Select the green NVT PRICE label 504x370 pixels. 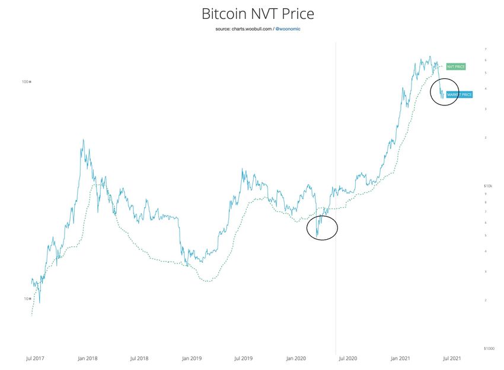point(455,67)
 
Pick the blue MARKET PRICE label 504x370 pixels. point(459,95)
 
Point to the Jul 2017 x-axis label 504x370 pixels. point(36,358)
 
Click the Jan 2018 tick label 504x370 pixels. point(88,358)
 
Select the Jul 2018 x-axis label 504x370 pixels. point(139,358)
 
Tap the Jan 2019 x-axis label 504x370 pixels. point(192,358)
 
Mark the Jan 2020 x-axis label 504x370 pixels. point(295,358)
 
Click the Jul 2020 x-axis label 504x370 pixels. point(347,358)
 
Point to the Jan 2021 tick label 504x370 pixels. point(400,358)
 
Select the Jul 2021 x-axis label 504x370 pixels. point(451,358)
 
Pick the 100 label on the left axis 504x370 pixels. point(25,82)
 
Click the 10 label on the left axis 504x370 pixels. point(27,298)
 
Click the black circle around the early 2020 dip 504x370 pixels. point(322,227)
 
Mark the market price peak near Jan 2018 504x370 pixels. point(83,140)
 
